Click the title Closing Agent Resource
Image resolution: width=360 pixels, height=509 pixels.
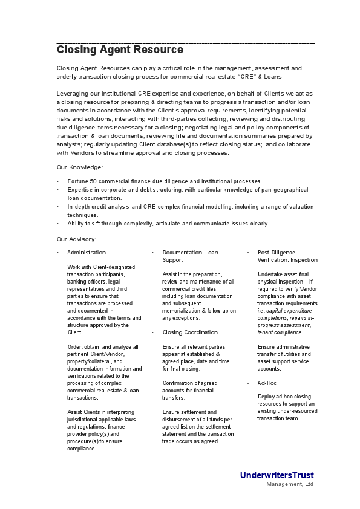click(120, 50)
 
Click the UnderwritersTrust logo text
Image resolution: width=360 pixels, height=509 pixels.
click(277, 475)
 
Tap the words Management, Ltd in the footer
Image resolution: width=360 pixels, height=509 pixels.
click(290, 484)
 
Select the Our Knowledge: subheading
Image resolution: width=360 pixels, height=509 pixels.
click(80, 167)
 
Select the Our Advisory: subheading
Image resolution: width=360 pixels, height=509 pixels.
click(77, 239)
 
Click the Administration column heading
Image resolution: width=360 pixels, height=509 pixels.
click(87, 253)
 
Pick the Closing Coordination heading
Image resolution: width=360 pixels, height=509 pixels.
click(190, 332)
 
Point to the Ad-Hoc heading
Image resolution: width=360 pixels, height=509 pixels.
click(267, 383)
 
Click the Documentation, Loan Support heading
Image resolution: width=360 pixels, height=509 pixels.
click(190, 256)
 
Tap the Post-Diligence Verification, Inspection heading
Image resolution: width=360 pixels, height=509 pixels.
click(287, 256)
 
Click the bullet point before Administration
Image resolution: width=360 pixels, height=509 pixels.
click(58, 253)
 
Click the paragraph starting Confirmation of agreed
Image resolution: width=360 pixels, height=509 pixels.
click(189, 391)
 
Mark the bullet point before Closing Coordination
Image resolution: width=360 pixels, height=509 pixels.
click(153, 332)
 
